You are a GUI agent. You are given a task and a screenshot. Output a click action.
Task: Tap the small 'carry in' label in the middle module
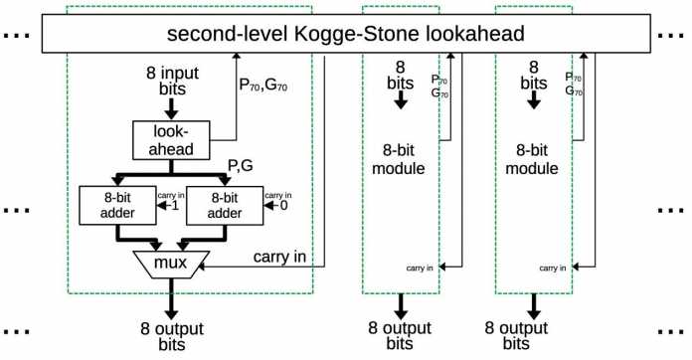[419, 268]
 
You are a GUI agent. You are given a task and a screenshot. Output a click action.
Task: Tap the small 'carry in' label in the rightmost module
[553, 268]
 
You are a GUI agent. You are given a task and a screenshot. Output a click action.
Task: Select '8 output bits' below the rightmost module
[534, 333]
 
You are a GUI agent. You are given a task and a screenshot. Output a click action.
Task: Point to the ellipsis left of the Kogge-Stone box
[15, 38]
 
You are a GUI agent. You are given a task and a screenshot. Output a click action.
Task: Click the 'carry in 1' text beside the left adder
[165, 202]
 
